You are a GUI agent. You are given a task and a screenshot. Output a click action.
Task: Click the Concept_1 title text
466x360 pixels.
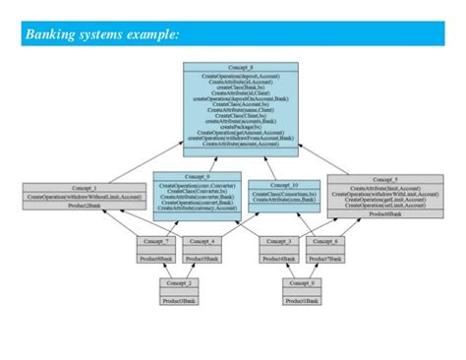[x=82, y=187]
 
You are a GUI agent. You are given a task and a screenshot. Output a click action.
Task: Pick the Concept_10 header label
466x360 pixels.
[x=283, y=184]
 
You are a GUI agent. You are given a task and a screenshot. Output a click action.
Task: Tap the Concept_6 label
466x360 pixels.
[x=325, y=240]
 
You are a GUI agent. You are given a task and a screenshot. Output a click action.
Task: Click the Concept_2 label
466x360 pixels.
[x=180, y=281]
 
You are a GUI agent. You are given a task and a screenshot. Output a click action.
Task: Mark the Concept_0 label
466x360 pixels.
[x=301, y=281]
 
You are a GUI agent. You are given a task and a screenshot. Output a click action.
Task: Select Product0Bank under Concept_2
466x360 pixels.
[x=180, y=299]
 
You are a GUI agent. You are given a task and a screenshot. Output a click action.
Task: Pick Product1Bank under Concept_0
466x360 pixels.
[x=301, y=299]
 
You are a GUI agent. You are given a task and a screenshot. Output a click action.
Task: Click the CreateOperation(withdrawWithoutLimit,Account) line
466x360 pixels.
[x=82, y=197]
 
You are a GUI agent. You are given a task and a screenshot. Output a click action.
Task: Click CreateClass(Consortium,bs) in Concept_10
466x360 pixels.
[x=283, y=195]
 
